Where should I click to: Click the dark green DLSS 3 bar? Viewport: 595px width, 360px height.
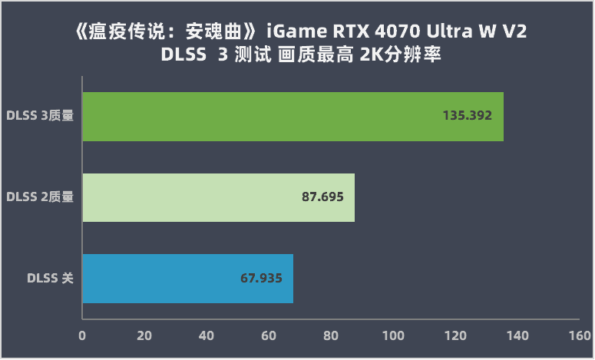coord(292,117)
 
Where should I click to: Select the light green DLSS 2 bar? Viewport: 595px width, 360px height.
coord(218,197)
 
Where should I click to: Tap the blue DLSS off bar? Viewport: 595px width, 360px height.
coord(187,278)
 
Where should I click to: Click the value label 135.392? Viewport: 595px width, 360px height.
coord(467,117)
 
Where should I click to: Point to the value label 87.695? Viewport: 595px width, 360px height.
coord(322,197)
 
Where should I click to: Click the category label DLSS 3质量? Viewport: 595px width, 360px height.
coord(40,117)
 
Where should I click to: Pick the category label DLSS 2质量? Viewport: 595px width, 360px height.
coord(40,197)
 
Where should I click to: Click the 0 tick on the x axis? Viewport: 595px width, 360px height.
coord(82,335)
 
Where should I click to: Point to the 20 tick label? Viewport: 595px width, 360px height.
coord(144,335)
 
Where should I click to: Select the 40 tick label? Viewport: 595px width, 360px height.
coord(207,335)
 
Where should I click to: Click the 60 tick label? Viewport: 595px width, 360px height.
coord(269,335)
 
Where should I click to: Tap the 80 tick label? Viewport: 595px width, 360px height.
coord(331,335)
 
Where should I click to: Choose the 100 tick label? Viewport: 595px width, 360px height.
coord(393,335)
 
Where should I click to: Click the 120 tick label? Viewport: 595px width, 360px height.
coord(455,335)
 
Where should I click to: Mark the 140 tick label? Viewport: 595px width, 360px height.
coord(517,335)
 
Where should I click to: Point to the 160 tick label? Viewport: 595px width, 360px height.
coord(579,335)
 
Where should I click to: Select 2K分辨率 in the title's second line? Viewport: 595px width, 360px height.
coord(398,58)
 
